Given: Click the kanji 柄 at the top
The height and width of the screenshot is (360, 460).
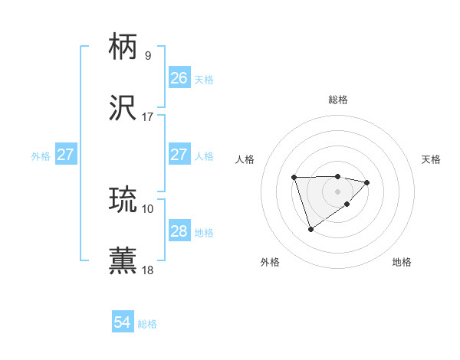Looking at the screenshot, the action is click(x=123, y=47).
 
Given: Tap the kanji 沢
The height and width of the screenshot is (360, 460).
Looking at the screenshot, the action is click(x=123, y=108).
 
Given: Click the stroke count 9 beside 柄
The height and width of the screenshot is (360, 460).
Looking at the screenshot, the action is click(x=147, y=56).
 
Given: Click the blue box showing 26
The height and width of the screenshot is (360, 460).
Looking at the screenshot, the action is click(x=179, y=78).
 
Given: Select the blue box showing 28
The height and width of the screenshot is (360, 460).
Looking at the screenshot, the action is click(x=179, y=231).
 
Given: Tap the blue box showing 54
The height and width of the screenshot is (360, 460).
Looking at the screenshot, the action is click(x=123, y=323).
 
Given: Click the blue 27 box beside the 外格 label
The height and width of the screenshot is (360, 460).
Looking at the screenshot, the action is click(x=66, y=155).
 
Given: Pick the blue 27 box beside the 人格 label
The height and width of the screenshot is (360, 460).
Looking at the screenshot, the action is click(x=179, y=155).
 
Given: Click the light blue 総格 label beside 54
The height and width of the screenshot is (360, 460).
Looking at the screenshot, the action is click(x=148, y=324).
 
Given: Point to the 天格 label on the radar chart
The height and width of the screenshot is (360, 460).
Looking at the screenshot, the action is click(x=431, y=159).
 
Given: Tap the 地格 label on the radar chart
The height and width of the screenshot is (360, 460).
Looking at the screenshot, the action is click(x=402, y=262).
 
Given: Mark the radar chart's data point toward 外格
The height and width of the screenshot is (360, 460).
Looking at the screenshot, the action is click(x=310, y=228).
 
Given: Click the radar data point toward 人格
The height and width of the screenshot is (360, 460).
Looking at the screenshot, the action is click(x=294, y=178).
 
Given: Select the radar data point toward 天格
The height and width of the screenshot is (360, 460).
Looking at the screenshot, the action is click(x=367, y=182).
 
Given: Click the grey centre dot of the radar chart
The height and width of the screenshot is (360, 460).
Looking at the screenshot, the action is click(x=337, y=191).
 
